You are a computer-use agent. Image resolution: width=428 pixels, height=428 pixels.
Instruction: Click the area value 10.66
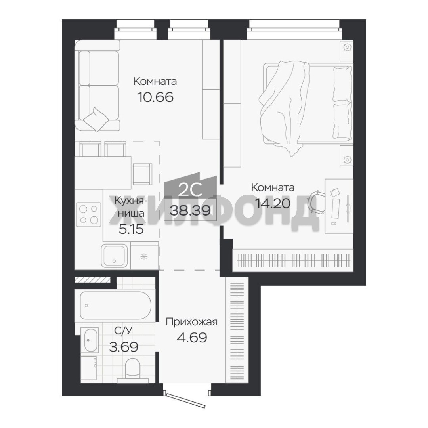pyautogui.click(x=155, y=97)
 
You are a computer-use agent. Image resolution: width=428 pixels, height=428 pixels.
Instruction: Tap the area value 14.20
pyautogui.click(x=272, y=203)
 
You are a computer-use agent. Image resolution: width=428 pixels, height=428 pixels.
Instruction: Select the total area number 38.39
pyautogui.click(x=190, y=210)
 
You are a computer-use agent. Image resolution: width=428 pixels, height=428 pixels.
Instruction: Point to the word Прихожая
pyautogui.click(x=192, y=322)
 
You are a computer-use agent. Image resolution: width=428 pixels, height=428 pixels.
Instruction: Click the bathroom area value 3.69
pyautogui.click(x=123, y=347)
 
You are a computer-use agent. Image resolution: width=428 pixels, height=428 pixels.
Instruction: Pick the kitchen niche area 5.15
pyautogui.click(x=131, y=229)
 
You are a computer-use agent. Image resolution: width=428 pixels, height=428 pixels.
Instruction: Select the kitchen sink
pyautogui.click(x=114, y=256)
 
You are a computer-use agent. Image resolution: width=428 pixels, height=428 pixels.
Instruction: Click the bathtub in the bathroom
pyautogui.click(x=116, y=305)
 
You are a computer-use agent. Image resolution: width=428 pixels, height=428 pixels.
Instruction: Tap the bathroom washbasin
pyautogui.click(x=90, y=340)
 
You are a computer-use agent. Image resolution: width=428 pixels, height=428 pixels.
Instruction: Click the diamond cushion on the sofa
pyautogui.click(x=95, y=119)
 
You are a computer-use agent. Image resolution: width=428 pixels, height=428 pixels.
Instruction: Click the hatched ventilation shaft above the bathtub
pyautogui.click(x=92, y=279)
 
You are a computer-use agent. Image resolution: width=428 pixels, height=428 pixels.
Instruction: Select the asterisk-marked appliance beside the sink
pyautogui.click(x=144, y=256)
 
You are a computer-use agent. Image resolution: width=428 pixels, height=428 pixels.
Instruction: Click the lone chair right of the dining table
pyautogui.click(x=142, y=174)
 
